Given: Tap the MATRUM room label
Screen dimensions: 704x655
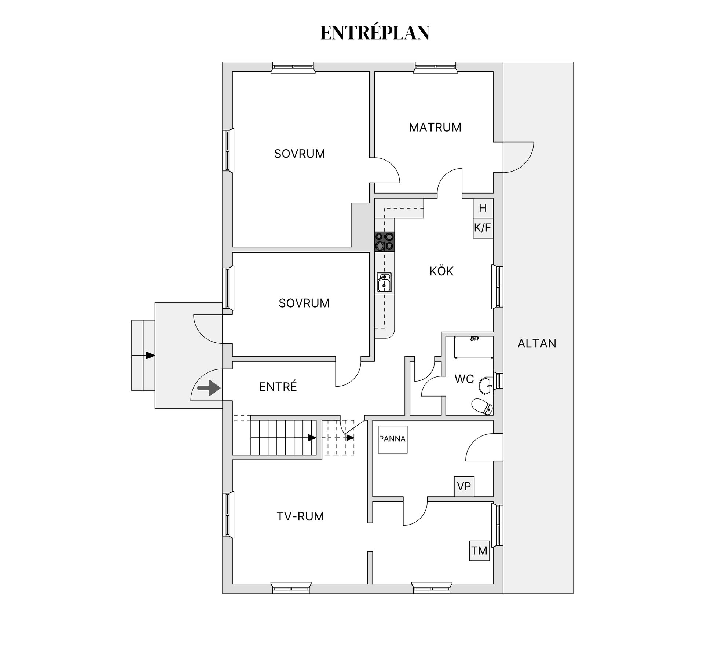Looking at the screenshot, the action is coord(435,127).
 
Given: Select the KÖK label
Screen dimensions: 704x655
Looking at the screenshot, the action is coord(441,271).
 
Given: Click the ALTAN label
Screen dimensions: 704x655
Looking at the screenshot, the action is coord(537,343).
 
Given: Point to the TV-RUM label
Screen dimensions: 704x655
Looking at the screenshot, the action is coord(300,516).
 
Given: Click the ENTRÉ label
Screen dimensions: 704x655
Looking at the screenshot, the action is coord(278,386).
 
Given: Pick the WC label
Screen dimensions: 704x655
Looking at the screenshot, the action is coord(464,379).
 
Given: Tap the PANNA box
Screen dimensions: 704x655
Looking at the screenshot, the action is coord(393,439).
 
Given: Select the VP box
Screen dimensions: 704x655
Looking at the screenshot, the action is coord(464,486).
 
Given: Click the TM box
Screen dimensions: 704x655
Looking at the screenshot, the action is coord(479,551).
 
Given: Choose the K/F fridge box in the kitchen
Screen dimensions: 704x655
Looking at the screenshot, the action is coord(483,228).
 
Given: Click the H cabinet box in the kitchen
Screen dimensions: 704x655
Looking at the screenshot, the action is coord(483,208).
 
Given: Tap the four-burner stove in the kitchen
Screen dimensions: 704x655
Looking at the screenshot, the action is coord(384,242).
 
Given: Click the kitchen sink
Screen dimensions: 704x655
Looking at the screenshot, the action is coord(384,283).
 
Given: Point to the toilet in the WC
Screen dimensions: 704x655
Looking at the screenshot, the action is coord(482,407).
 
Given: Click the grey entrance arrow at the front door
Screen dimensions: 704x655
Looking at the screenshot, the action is coord(209,388).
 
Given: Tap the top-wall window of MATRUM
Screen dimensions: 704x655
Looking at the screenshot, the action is coord(436,67).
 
